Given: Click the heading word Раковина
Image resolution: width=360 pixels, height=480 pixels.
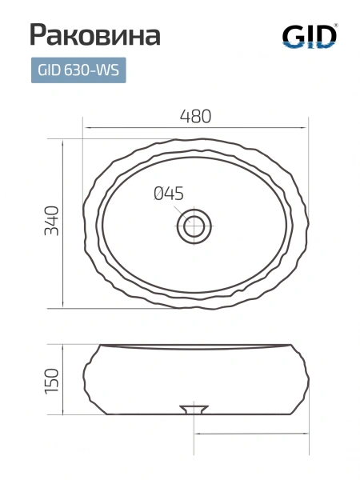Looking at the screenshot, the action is (95, 35).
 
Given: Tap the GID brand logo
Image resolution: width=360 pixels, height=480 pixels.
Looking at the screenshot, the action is (310, 36).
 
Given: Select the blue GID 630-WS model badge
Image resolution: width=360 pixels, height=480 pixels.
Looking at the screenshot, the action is (78, 70).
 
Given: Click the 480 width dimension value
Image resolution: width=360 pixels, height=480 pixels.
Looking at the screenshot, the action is (196, 116).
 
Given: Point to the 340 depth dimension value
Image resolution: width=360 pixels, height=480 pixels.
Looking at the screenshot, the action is (51, 221).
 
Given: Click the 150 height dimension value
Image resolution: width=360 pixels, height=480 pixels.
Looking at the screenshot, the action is (51, 381).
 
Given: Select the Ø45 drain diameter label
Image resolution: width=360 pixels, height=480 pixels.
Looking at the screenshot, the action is (168, 194).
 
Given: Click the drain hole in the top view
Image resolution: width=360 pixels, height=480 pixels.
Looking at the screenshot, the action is (194, 226).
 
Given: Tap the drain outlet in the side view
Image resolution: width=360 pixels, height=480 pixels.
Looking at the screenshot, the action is (194, 410).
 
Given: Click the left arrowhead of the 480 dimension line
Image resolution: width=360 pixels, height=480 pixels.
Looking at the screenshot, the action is (87, 127).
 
